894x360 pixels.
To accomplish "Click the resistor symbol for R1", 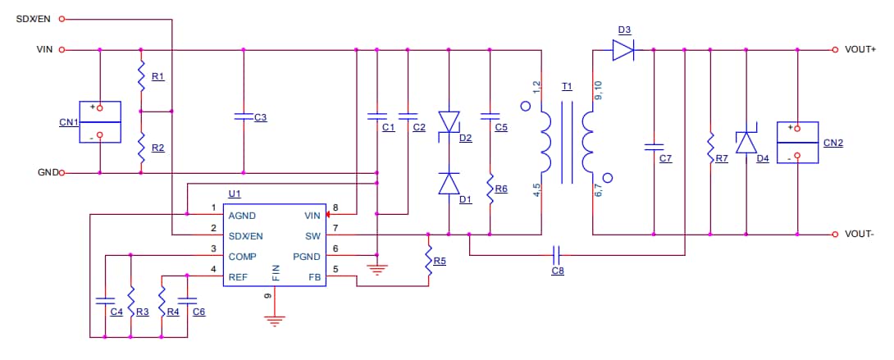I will tap(141, 76).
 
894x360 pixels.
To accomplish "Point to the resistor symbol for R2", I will tap(141, 148).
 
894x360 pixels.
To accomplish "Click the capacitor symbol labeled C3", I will tap(243, 117).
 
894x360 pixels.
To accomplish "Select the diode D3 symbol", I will tap(624, 50).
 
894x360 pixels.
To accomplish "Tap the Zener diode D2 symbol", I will tap(449, 121).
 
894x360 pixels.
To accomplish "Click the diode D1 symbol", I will tap(449, 184).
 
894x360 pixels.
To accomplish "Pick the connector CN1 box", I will tap(99, 122).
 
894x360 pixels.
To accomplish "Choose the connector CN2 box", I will tap(797, 142).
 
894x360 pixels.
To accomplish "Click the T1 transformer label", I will tap(567, 86).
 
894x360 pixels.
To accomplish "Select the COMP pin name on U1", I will tap(242, 256).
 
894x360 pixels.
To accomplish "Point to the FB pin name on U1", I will tap(315, 277).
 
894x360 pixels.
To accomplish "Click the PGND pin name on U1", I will tap(307, 256).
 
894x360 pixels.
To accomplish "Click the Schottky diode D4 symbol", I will tap(746, 143).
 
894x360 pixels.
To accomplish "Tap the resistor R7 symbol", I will tap(709, 148).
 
